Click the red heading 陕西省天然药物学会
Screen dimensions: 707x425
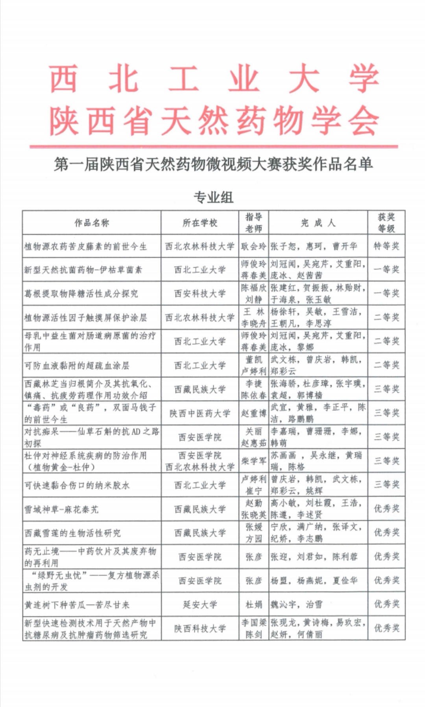214,120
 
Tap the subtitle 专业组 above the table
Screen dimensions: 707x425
213,197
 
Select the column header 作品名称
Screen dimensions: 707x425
92,223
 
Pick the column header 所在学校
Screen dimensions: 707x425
200,223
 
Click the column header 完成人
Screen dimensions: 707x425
318,223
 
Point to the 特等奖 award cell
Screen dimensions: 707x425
386,246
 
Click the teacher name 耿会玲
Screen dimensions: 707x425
253,247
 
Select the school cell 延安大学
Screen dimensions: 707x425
200,604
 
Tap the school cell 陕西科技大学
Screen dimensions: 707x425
200,628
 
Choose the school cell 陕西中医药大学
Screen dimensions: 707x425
200,413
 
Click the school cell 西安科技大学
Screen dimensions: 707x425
200,293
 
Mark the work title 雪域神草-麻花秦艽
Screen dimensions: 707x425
61,509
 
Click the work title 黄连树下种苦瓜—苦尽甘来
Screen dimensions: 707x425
77,605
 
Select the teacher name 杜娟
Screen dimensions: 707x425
253,604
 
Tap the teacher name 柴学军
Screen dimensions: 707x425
253,461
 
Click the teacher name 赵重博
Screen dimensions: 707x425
253,413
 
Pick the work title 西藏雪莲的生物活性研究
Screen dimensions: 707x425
72,533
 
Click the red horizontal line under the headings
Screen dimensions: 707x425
214,147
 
